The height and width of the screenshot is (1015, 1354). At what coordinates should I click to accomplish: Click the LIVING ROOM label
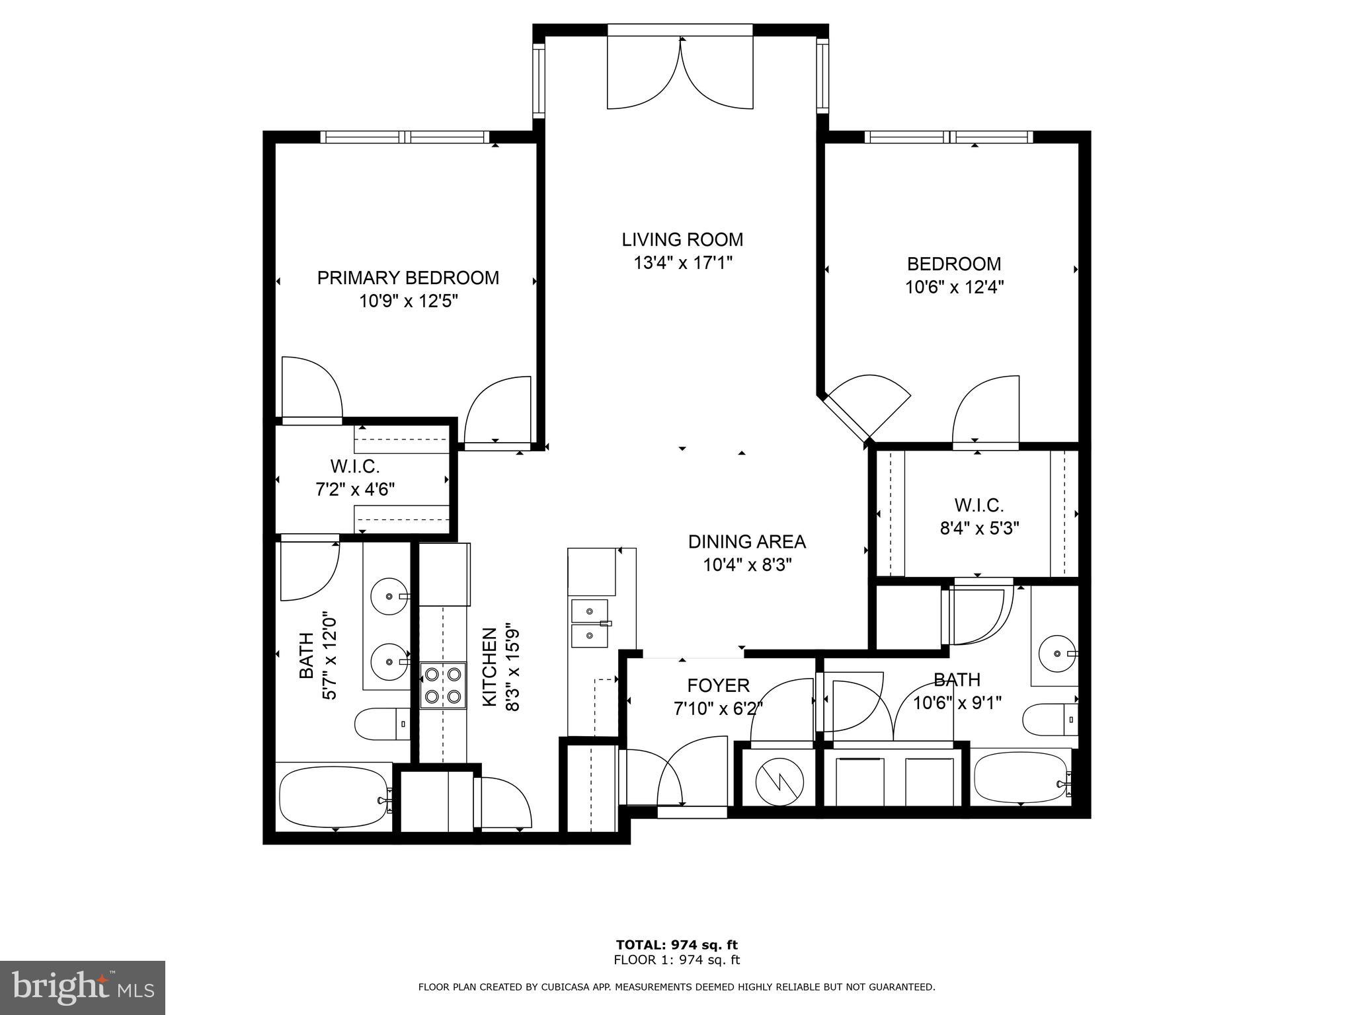(x=682, y=239)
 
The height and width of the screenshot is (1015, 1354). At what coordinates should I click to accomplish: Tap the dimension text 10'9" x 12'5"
(x=409, y=301)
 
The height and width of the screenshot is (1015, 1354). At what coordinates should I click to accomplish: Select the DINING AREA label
(x=746, y=542)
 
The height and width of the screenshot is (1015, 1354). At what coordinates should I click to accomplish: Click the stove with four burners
(x=443, y=685)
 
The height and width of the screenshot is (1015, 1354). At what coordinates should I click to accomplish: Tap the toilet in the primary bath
(x=381, y=724)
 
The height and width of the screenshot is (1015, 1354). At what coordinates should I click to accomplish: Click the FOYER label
(x=718, y=685)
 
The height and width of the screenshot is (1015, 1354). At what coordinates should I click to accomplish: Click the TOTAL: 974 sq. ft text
(x=676, y=945)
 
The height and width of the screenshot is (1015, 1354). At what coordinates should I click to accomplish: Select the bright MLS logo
(x=83, y=988)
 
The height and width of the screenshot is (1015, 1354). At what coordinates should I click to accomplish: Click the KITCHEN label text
(x=490, y=667)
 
